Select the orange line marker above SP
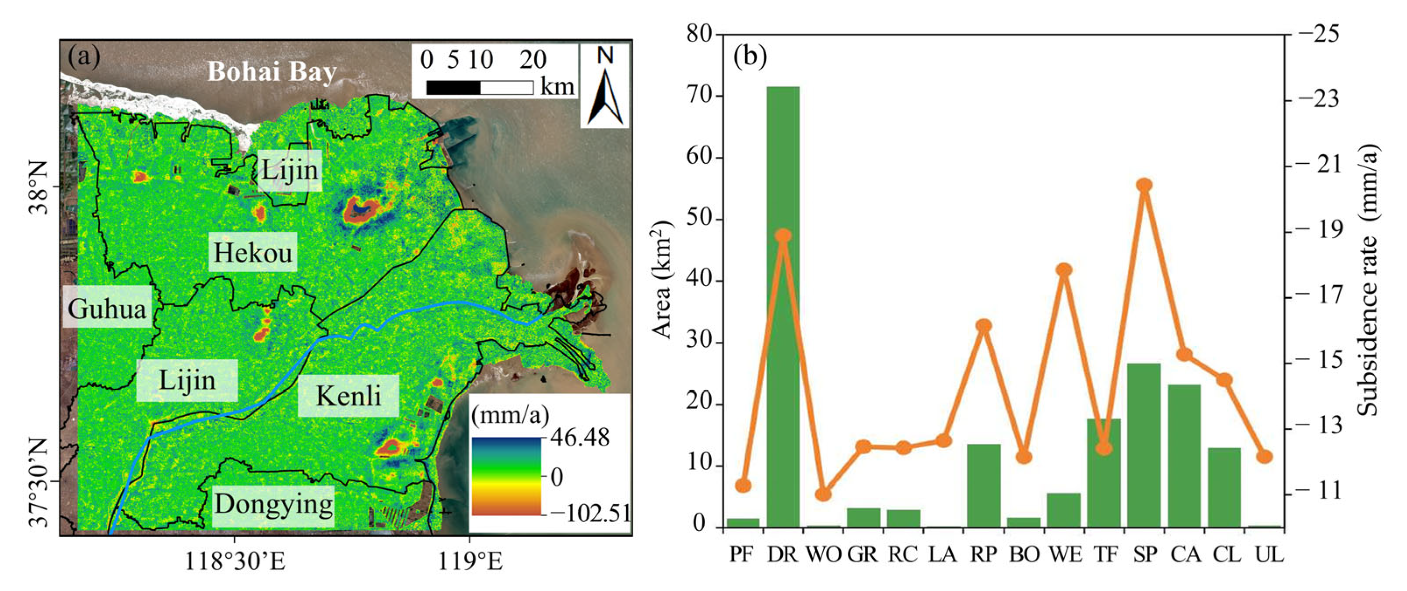click(x=1144, y=185)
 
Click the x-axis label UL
click(x=1268, y=555)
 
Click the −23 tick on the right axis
click(x=1316, y=99)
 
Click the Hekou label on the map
click(x=253, y=253)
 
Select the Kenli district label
click(x=348, y=395)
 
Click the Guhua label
click(x=107, y=309)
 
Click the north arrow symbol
click(x=605, y=86)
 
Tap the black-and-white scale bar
click(x=479, y=88)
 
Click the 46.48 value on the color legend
click(x=579, y=437)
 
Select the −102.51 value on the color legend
click(x=590, y=513)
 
